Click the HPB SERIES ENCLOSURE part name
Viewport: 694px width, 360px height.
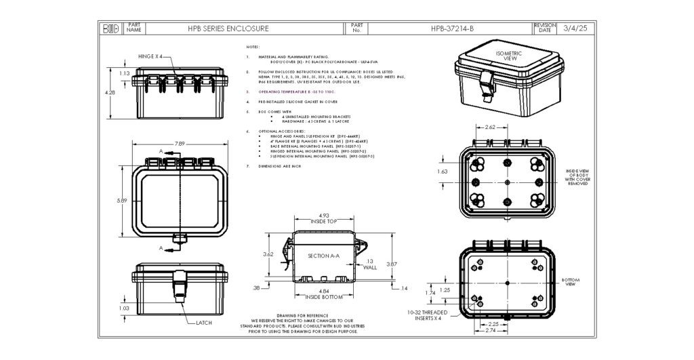tap(228, 29)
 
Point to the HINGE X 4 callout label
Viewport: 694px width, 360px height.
tap(150, 57)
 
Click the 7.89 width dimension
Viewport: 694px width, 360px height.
tap(180, 144)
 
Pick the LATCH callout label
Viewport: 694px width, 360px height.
tap(204, 323)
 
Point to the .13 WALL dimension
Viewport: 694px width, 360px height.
tap(369, 264)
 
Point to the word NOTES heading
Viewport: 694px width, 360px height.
tap(252, 47)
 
